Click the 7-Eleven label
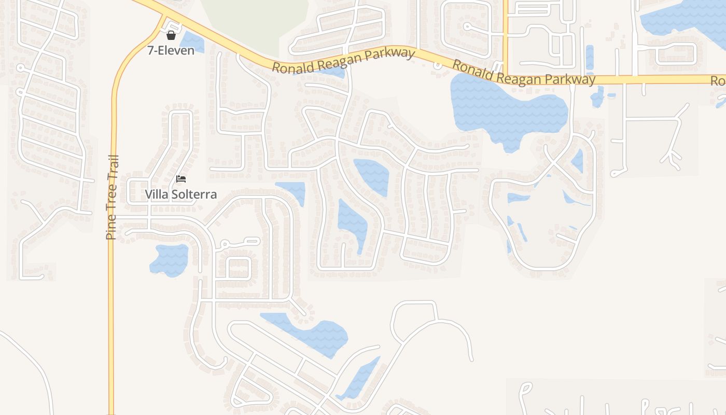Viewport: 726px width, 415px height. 171,50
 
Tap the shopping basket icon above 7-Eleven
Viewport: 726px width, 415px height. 171,35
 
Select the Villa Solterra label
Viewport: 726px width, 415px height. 180,195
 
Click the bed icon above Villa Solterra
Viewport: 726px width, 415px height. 180,179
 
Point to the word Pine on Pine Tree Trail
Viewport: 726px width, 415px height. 110,228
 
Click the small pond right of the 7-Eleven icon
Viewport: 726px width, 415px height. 193,42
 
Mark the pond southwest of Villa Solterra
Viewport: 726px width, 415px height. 170,259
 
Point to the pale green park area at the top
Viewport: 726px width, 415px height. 254,23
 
